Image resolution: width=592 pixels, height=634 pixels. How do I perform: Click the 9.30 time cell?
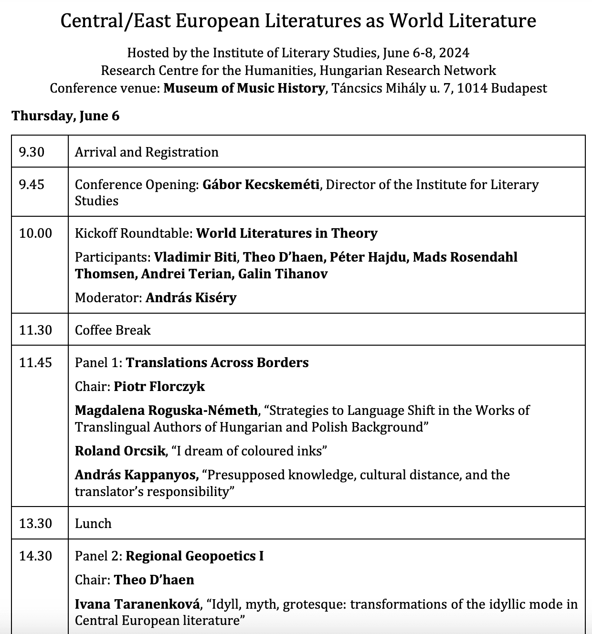pyautogui.click(x=32, y=152)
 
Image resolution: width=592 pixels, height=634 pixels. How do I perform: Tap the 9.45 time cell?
pyautogui.click(x=32, y=184)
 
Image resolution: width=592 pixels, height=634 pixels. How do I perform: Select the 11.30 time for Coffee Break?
pyautogui.click(x=35, y=330)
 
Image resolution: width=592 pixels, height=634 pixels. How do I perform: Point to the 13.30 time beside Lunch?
pyautogui.click(x=35, y=523)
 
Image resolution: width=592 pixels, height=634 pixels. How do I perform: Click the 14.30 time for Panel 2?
pyautogui.click(x=35, y=556)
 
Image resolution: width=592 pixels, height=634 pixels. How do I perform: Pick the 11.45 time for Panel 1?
pyautogui.click(x=35, y=362)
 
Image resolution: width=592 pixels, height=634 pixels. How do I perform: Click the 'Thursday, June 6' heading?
pyautogui.click(x=65, y=116)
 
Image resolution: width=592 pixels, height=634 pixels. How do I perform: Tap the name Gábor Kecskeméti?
pyautogui.click(x=261, y=184)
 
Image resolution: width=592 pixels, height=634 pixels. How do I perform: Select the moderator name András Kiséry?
pyautogui.click(x=191, y=297)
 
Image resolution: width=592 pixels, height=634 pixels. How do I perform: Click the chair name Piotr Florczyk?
pyautogui.click(x=159, y=386)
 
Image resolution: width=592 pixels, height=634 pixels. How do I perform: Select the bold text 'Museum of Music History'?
pyautogui.click(x=244, y=88)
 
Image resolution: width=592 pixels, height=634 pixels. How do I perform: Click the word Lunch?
pyautogui.click(x=93, y=523)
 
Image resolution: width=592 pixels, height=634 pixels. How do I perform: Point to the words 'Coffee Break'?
pyautogui.click(x=113, y=330)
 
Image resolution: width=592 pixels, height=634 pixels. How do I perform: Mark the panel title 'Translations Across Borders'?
pyautogui.click(x=217, y=362)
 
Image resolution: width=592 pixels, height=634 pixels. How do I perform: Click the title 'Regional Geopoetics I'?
pyautogui.click(x=195, y=556)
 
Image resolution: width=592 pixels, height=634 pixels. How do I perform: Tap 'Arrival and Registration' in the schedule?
pyautogui.click(x=147, y=152)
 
